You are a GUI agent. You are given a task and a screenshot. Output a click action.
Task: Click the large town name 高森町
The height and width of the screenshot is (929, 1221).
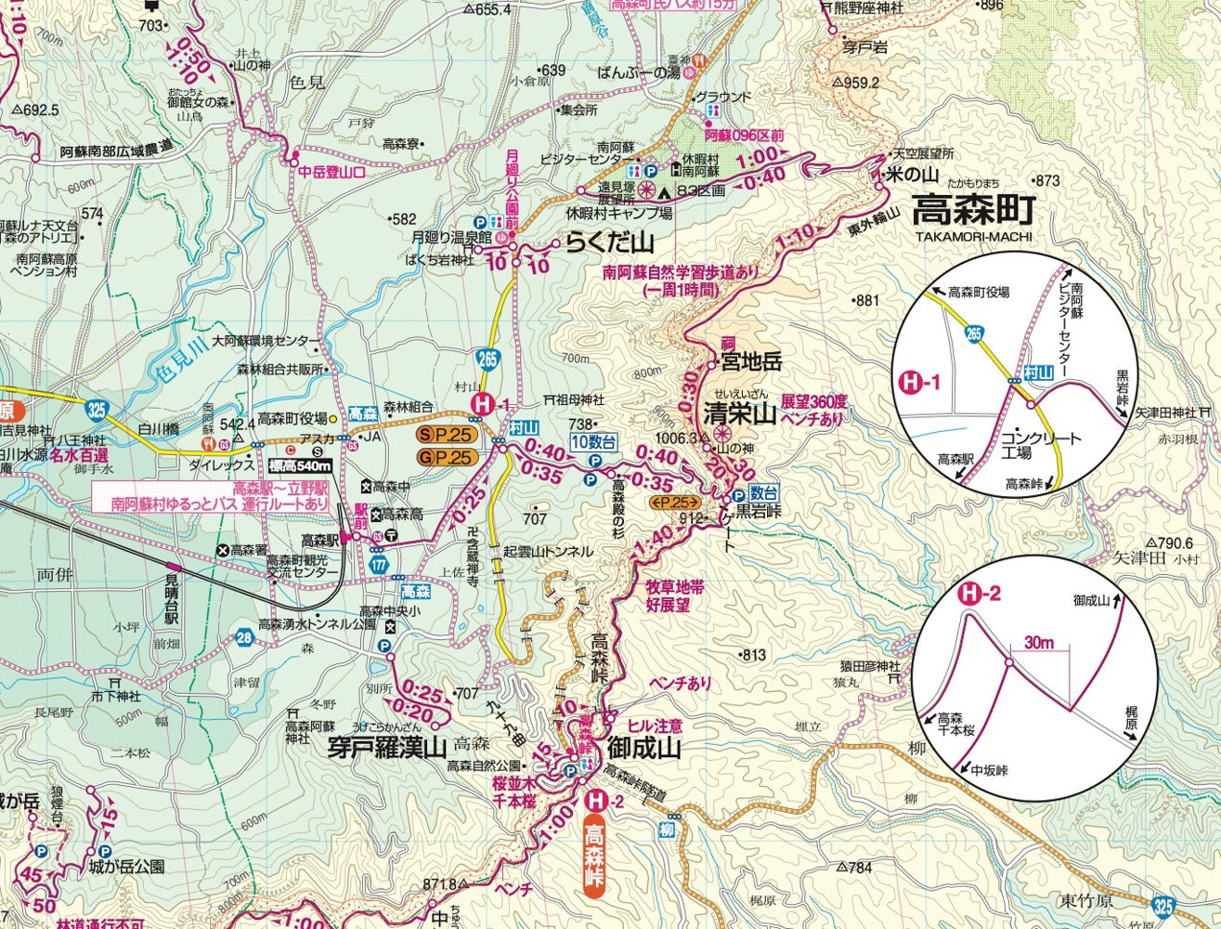tap(972, 211)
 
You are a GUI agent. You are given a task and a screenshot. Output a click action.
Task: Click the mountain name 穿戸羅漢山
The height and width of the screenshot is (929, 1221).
tap(387, 747)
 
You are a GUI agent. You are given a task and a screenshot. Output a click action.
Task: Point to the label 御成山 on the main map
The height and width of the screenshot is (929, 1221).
tap(643, 749)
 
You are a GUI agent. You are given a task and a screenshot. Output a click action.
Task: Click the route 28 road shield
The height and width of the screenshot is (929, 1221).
tap(244, 637)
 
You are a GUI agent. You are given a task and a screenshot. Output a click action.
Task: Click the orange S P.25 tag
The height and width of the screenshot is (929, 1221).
tap(447, 435)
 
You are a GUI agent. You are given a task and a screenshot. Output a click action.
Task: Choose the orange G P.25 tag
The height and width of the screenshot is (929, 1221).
tap(447, 456)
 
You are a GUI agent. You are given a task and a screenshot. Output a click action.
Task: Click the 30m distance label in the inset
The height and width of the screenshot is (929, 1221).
tap(1040, 643)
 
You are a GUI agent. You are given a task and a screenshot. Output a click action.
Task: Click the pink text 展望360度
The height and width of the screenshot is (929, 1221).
tap(814, 402)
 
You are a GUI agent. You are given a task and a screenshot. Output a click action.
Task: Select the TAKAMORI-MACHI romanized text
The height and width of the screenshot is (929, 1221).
tap(972, 236)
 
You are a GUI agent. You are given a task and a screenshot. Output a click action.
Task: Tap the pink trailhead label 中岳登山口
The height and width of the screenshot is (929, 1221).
tap(332, 172)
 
